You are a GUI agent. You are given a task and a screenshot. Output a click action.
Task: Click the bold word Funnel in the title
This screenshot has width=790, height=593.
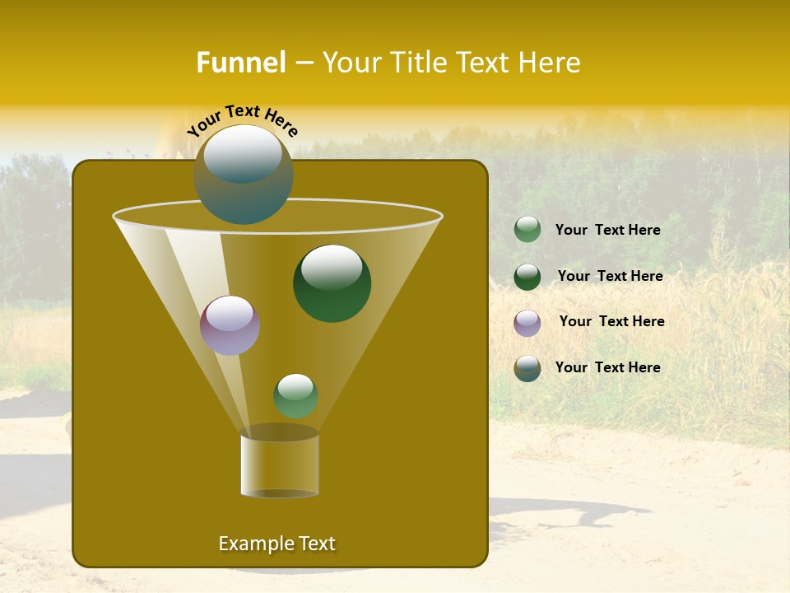point(240,63)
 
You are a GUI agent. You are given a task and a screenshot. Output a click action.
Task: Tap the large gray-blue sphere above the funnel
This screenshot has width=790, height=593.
point(244,175)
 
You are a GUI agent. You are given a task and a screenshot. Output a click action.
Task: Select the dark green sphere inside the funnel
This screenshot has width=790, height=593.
point(332,284)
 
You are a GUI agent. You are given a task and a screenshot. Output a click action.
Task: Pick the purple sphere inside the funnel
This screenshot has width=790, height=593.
point(230,326)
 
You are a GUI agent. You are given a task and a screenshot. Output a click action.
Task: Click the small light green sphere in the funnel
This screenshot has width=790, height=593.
point(295,396)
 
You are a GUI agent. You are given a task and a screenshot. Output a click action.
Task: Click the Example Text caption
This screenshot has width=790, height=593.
point(276,544)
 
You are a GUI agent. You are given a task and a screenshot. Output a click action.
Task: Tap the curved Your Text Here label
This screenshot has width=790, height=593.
point(243,120)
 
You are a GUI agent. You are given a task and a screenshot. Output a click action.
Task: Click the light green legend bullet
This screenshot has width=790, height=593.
point(527,230)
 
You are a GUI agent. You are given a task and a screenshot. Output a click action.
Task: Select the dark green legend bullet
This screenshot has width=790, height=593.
point(527,277)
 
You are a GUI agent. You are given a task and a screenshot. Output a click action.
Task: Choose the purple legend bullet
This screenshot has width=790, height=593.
point(527,323)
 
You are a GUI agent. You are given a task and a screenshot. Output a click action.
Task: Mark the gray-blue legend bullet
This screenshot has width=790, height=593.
point(527,368)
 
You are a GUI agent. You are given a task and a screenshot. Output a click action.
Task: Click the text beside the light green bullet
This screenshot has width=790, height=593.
point(607,230)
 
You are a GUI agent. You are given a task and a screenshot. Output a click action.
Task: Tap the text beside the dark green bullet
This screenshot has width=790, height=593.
point(610,276)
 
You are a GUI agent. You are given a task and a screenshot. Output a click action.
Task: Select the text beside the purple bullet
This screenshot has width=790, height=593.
point(611,321)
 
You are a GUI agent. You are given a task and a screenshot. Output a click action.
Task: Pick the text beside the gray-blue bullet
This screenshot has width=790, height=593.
point(607,367)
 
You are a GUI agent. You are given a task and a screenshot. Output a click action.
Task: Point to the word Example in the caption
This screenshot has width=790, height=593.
point(254,544)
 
